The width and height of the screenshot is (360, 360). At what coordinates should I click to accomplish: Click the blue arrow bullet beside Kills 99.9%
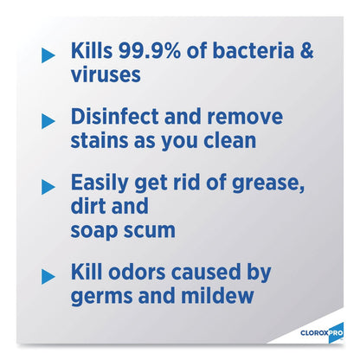[x=48, y=55]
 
